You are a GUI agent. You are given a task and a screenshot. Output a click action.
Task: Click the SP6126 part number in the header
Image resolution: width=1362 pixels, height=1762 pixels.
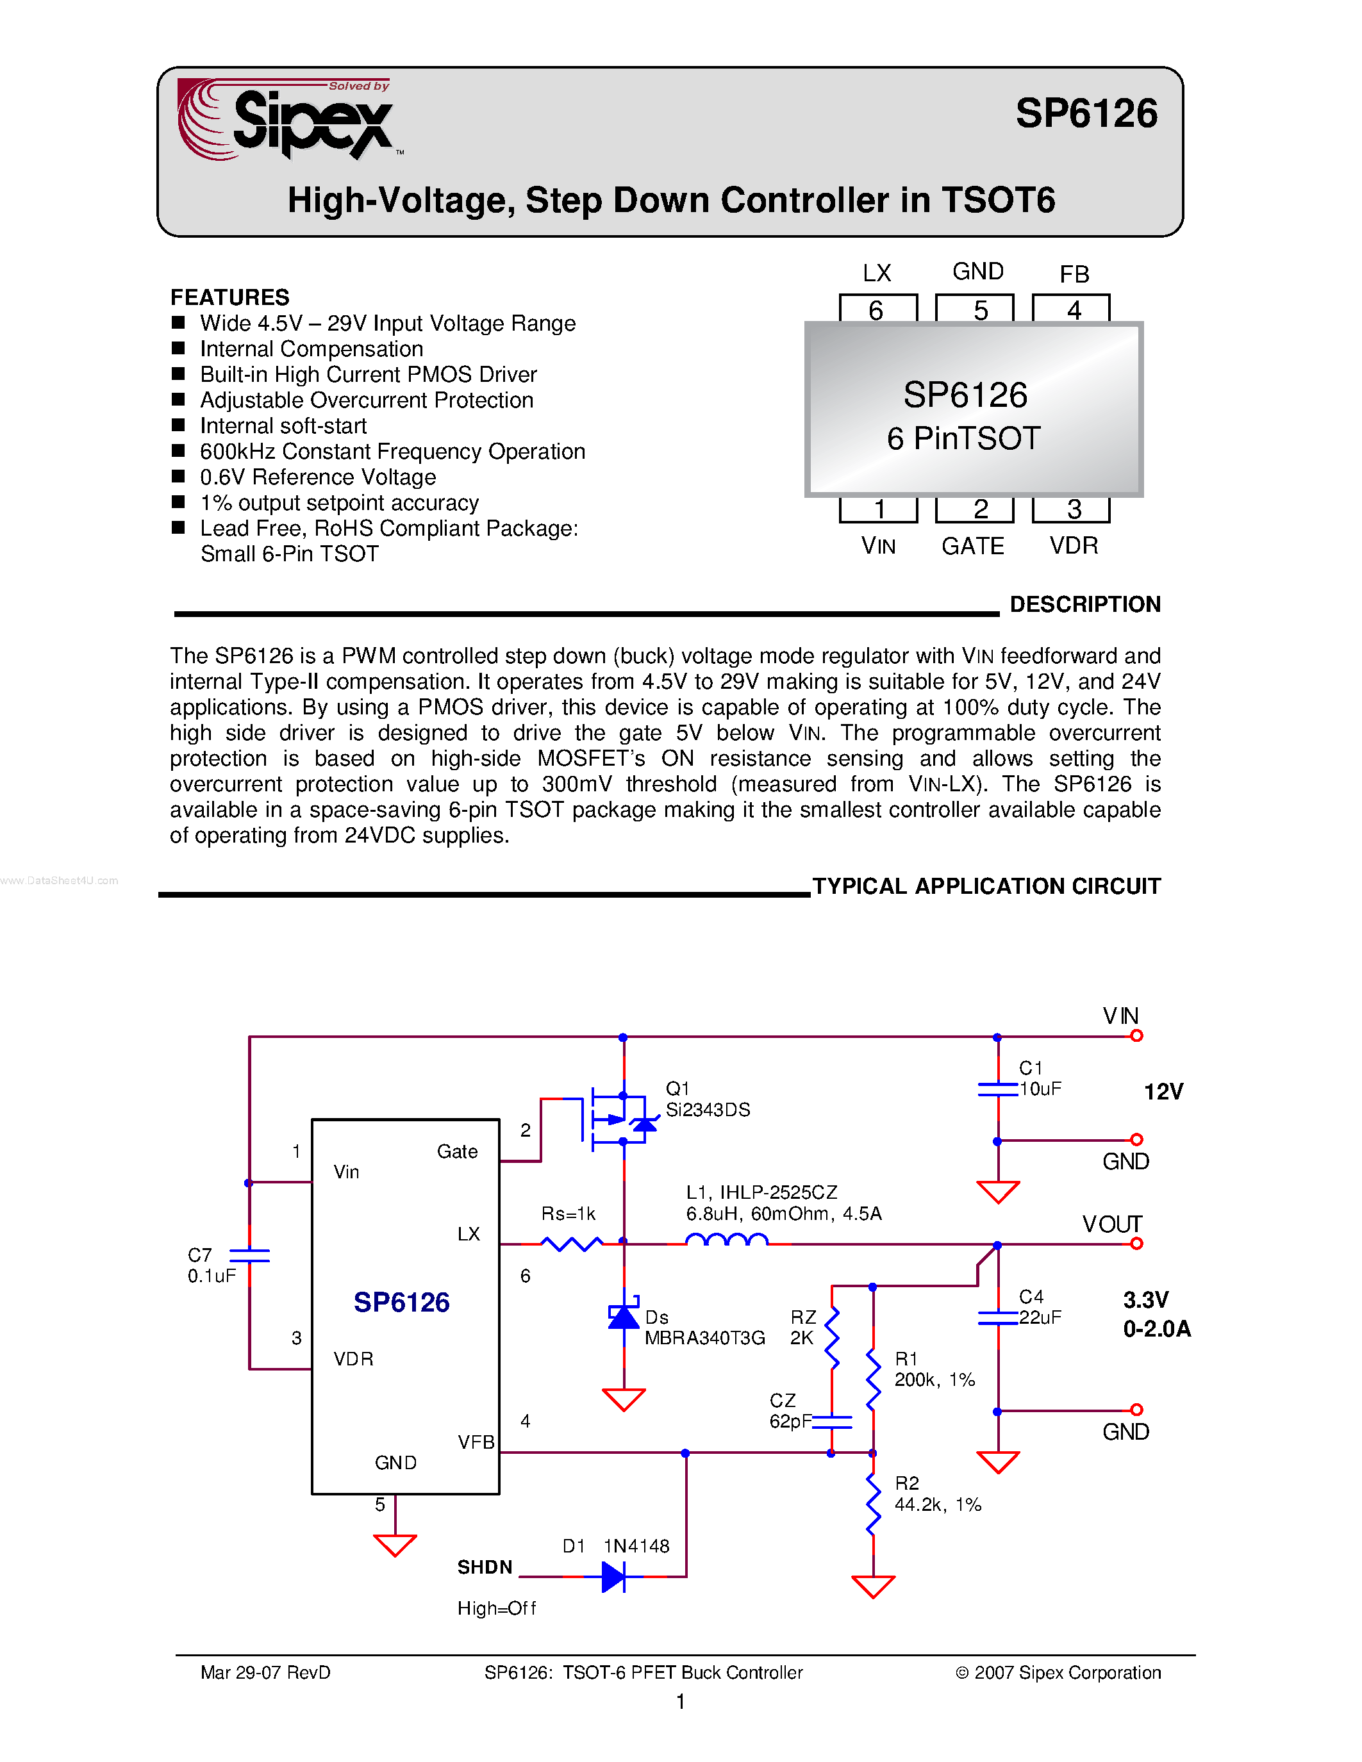point(1085,113)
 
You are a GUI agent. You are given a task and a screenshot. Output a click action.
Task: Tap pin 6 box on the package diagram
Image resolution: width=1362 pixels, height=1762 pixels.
point(877,309)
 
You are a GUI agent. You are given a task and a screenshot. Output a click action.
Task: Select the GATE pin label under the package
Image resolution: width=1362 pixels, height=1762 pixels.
point(972,546)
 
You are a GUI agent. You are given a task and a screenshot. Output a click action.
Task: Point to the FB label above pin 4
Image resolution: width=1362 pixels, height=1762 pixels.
point(1074,274)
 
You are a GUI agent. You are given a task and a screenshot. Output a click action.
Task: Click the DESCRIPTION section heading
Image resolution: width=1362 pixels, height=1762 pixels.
point(1084,604)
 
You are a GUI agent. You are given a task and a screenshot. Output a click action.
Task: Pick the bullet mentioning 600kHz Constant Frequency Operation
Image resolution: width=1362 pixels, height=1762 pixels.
point(392,451)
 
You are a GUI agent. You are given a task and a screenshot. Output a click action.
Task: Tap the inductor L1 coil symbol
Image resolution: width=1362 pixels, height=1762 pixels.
point(726,1240)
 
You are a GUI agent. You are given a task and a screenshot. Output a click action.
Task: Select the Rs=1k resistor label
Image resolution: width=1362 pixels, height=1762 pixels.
point(568,1214)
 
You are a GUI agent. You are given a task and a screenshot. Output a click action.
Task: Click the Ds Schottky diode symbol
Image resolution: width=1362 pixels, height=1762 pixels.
point(624,1317)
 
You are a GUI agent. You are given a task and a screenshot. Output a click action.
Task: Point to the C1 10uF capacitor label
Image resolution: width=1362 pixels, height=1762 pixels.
point(1039,1078)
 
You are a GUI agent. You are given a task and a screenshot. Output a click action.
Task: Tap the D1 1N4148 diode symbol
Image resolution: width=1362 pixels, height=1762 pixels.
point(614,1576)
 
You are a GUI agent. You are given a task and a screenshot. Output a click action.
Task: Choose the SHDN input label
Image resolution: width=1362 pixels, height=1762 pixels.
point(485,1567)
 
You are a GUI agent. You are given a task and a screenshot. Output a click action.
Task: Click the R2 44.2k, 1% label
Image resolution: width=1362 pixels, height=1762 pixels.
point(937,1494)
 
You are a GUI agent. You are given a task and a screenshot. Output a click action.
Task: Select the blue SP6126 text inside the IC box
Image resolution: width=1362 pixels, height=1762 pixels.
point(401,1302)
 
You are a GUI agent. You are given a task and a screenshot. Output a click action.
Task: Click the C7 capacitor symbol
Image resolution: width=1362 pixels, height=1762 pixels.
point(249,1255)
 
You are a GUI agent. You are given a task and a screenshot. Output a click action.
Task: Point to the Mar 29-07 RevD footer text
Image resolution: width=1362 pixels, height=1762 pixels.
point(265,1672)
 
